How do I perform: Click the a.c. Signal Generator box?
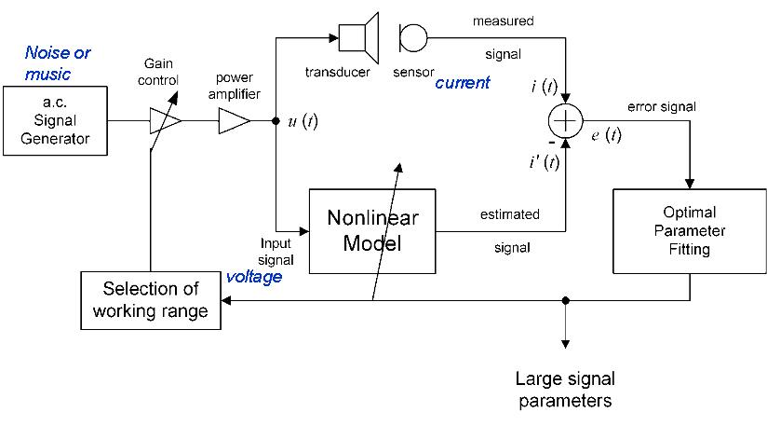[x=55, y=121]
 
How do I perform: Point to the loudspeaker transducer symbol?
[x=358, y=37]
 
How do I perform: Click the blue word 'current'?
[x=463, y=83]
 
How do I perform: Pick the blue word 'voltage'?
[x=254, y=277]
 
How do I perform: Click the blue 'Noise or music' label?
[x=58, y=63]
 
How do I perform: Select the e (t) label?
[x=606, y=137]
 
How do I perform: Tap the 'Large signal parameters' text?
[x=564, y=390]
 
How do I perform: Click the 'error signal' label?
[x=662, y=106]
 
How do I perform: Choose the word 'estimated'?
[x=509, y=214]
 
